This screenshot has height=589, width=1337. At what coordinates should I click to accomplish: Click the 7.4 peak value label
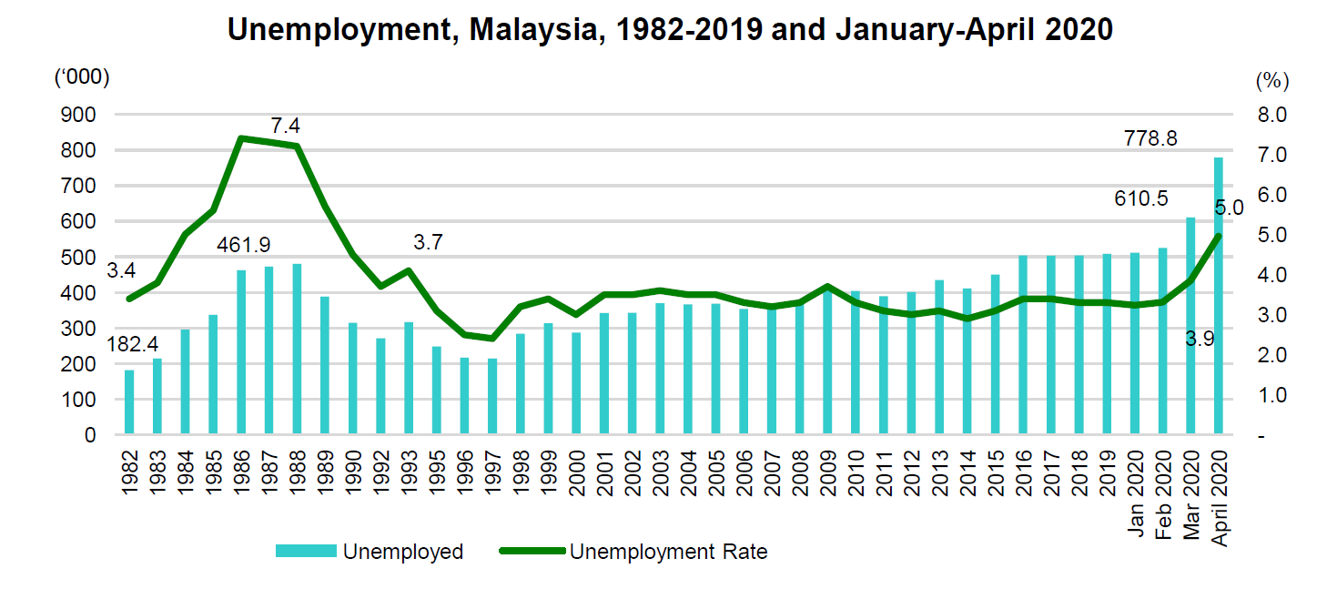pyautogui.click(x=286, y=126)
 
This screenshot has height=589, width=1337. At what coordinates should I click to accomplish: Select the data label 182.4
pyautogui.click(x=133, y=345)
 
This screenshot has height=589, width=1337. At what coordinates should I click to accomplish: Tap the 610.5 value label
pyautogui.click(x=1141, y=198)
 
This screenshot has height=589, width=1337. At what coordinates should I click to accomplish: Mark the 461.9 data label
pyautogui.click(x=244, y=245)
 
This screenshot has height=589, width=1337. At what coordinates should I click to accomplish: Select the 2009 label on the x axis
pyautogui.click(x=828, y=470)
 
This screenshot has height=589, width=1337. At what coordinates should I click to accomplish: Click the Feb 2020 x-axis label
pyautogui.click(x=1161, y=493)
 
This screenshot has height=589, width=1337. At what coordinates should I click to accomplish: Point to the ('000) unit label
pyautogui.click(x=82, y=78)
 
